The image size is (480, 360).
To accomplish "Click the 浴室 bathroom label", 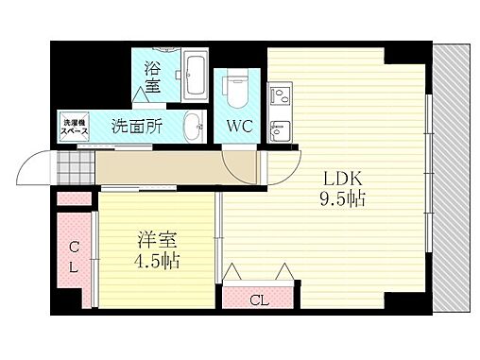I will click(152, 77).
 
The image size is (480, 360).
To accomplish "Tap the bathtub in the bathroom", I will click(197, 76).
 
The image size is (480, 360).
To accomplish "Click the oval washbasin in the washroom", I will click(193, 125).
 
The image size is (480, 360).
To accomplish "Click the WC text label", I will click(236, 124).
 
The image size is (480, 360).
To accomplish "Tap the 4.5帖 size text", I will click(157, 260).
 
